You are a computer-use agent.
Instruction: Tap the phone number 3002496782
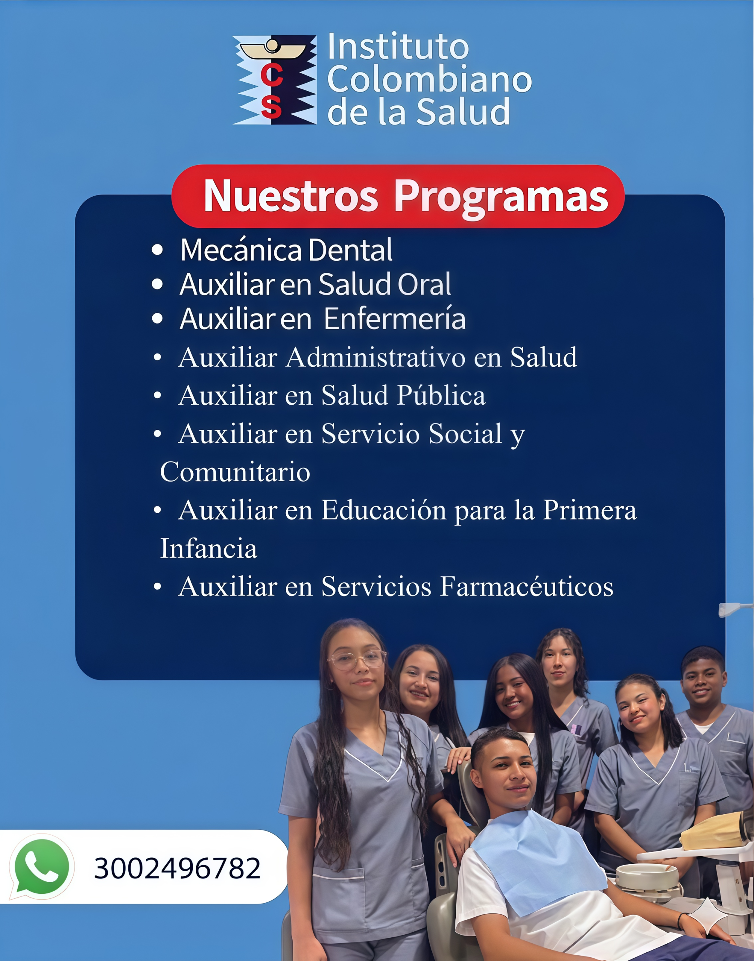click(177, 868)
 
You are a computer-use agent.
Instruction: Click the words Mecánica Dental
click(286, 250)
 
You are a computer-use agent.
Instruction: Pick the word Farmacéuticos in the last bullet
click(526, 587)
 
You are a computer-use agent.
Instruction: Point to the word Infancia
click(208, 549)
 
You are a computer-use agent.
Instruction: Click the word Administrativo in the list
click(375, 357)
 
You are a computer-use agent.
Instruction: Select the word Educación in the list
click(384, 511)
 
